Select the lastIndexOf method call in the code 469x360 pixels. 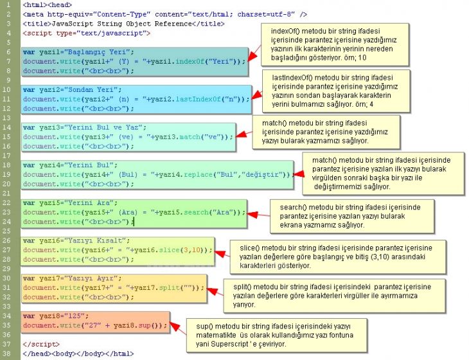[199, 99]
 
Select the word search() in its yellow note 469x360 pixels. [293, 208]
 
